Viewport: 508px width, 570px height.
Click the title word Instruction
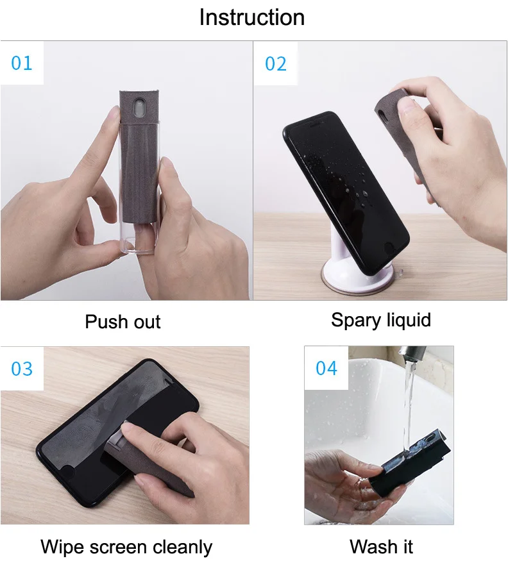252,17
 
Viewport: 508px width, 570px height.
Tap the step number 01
22,63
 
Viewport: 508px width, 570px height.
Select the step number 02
276,63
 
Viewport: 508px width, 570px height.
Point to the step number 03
22,369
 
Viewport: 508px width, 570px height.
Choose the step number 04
326,369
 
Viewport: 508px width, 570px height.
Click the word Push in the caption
106,321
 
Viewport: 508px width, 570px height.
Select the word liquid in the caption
407,319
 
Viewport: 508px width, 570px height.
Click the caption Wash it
381,547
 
